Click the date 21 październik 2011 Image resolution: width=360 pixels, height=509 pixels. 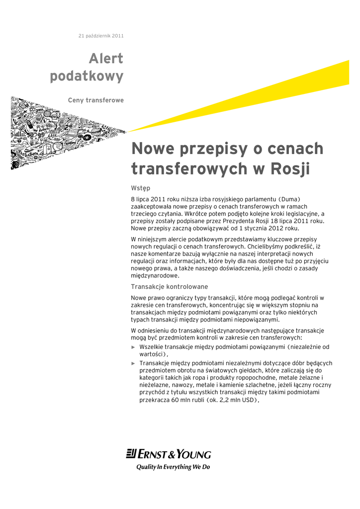[101, 36]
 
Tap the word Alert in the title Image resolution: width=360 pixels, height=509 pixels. [106, 59]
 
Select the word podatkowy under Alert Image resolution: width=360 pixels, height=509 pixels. [87, 77]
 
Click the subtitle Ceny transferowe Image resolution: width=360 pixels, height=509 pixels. [96, 100]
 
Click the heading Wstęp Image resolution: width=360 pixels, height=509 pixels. [141, 188]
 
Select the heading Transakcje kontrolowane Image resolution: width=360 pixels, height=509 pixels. [169, 287]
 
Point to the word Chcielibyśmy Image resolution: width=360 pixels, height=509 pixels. [266, 246]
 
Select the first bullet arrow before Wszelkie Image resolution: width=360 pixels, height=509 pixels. [133, 347]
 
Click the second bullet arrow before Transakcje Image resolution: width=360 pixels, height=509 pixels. [133, 363]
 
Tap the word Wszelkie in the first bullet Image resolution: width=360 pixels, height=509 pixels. [153, 346]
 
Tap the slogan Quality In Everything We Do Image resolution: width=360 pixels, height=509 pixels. [174, 467]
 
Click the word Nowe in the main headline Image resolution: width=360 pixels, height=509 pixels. [151, 149]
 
